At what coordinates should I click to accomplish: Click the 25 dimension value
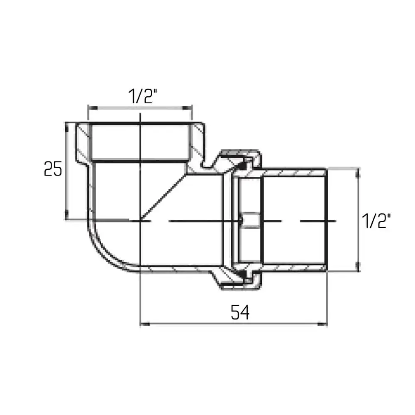coord(53,168)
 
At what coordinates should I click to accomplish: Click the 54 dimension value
coord(240,312)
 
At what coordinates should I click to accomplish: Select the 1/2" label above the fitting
coord(143,96)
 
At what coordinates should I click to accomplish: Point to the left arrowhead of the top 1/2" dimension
coord(93,108)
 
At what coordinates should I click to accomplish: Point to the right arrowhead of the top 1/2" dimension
coord(187,108)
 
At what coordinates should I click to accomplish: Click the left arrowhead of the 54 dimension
coord(145,324)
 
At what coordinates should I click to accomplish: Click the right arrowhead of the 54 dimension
coord(322,324)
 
